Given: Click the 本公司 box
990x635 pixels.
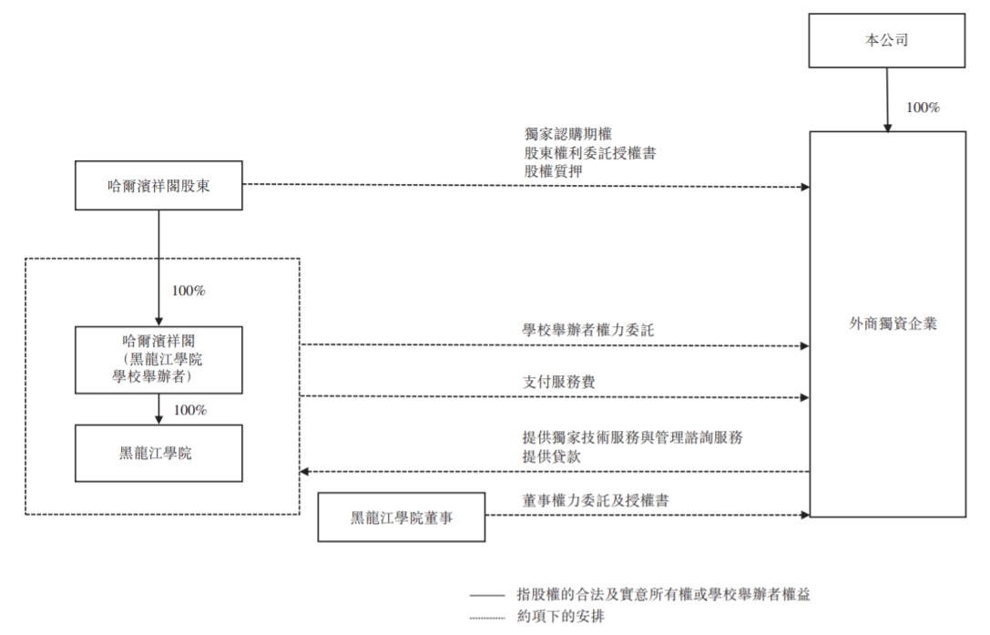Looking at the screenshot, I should click(x=886, y=41).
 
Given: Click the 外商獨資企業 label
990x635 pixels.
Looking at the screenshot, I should click(x=886, y=323).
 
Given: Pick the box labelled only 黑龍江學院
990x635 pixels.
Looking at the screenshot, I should click(x=158, y=453).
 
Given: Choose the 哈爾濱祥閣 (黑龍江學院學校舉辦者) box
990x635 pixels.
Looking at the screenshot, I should click(x=158, y=359).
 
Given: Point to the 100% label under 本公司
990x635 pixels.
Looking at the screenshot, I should click(x=922, y=108).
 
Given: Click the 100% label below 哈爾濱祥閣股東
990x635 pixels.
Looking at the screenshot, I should click(x=189, y=292).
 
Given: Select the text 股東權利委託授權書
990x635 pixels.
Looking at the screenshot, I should click(x=588, y=153).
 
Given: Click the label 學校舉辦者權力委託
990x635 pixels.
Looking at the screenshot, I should click(x=588, y=330).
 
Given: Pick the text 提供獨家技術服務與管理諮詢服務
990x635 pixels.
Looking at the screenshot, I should click(x=633, y=437).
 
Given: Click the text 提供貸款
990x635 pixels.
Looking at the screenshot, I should click(x=549, y=455).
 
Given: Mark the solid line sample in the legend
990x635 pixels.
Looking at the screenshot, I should click(x=486, y=595).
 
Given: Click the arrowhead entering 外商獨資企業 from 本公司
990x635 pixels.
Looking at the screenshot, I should click(x=886, y=127).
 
